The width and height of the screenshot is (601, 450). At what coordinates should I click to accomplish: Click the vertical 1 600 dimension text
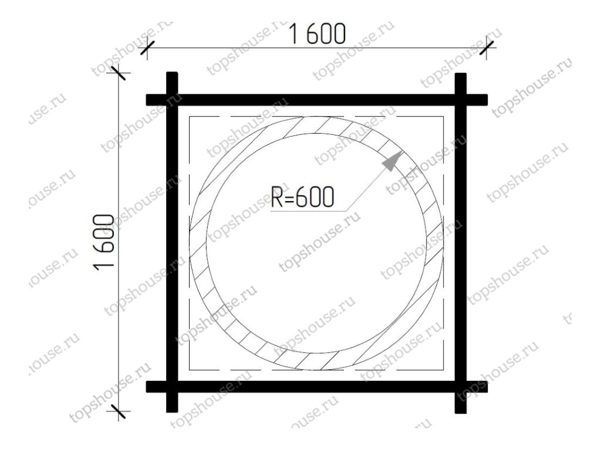point(104,242)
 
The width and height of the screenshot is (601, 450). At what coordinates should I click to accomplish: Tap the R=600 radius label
point(302,197)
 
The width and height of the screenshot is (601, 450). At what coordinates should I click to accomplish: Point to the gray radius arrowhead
point(392,161)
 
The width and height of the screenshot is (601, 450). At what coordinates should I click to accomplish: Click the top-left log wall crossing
point(172,100)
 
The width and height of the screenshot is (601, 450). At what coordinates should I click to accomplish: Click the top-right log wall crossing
point(461,100)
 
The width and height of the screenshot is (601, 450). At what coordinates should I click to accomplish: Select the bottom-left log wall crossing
point(172,387)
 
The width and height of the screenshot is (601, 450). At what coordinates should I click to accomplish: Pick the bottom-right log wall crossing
point(461,387)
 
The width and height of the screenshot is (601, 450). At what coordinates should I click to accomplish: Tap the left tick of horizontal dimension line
point(147,48)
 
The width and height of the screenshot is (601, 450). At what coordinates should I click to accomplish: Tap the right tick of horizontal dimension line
point(487,48)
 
